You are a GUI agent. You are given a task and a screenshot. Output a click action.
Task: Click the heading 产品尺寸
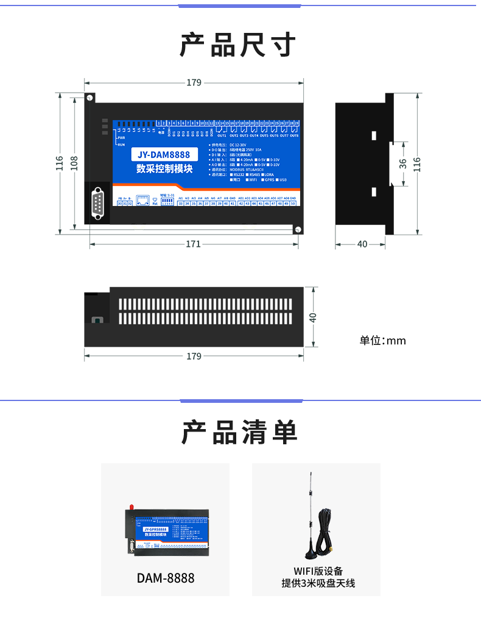[x=238, y=46]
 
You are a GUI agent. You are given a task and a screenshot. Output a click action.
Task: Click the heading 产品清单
[x=239, y=433]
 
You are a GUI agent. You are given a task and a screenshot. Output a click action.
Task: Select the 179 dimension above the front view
[x=194, y=82]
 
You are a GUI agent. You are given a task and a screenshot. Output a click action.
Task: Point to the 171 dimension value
[x=193, y=244]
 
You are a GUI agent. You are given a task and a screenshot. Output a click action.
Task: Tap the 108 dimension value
[x=74, y=163]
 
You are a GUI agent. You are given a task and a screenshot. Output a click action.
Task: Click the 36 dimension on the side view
[x=403, y=163]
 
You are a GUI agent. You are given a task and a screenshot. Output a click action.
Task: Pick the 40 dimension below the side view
[x=362, y=244]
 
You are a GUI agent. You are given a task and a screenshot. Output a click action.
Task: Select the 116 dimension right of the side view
[x=417, y=163]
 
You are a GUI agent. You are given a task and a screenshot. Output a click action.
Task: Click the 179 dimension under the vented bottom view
[x=194, y=356]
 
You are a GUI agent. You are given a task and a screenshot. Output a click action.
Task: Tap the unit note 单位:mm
[x=382, y=340]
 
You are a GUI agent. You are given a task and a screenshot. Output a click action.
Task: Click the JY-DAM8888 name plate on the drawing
[x=164, y=156]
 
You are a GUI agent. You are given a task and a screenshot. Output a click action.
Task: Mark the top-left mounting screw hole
[x=90, y=98]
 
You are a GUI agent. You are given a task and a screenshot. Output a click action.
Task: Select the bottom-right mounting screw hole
[x=298, y=229]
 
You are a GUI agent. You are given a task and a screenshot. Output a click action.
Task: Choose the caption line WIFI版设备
[x=317, y=571]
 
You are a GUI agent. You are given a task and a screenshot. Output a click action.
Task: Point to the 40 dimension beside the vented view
[x=313, y=318]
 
